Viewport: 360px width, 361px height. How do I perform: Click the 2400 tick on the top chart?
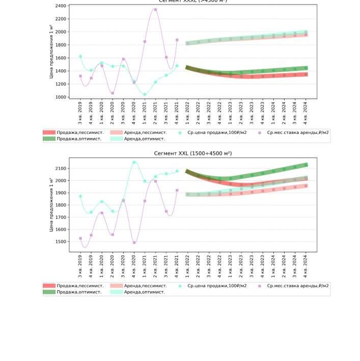[x=60, y=6]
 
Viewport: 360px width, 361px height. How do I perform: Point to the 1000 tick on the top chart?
[x=60, y=97]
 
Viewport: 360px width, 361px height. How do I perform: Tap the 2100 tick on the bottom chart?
[x=60, y=168]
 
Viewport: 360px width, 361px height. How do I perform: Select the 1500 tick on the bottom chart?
[x=60, y=242]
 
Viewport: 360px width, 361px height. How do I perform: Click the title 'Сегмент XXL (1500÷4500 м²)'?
[x=192, y=153]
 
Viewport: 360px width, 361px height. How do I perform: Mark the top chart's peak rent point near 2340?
[x=155, y=10]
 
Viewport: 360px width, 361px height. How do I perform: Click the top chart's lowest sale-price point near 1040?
[x=145, y=94]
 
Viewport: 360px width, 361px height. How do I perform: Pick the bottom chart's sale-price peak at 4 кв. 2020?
[x=134, y=162]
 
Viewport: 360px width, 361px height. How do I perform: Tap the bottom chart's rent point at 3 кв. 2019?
[x=80, y=238]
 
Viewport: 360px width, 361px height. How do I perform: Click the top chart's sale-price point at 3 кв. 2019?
[x=80, y=57]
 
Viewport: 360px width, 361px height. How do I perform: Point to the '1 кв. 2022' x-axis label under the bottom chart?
[x=187, y=266]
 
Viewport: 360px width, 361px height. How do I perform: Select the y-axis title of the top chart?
[x=51, y=51]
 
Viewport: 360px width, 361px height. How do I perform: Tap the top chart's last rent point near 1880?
[x=177, y=40]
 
